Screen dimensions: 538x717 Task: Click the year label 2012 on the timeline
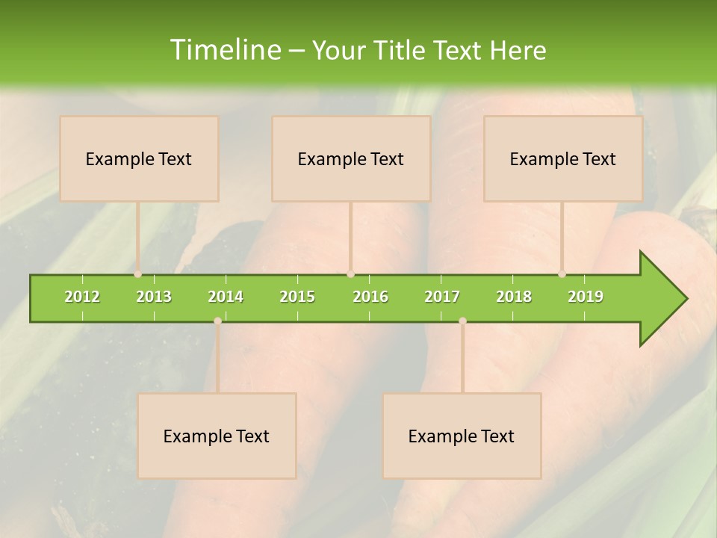pos(82,297)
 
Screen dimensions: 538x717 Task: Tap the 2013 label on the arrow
pos(154,297)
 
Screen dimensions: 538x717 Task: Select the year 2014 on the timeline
pos(226,297)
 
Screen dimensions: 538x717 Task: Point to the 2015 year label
pos(297,297)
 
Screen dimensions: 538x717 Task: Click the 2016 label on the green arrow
pos(370,297)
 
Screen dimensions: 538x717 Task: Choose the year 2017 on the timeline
pos(442,297)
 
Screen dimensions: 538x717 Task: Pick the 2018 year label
pos(514,297)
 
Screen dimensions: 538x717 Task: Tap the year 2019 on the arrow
pos(586,297)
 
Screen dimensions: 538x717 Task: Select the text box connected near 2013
pos(139,158)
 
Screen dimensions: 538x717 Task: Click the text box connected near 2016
pos(351,158)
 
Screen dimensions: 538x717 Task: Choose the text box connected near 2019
pos(563,158)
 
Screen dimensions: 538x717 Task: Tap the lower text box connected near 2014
pos(217,436)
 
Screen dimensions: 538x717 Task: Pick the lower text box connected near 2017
pos(462,436)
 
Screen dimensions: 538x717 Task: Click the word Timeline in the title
pos(225,50)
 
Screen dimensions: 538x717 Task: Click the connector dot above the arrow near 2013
pos(138,274)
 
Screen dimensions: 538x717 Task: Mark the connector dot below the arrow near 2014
pos(217,321)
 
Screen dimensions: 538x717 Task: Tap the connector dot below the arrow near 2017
pos(462,321)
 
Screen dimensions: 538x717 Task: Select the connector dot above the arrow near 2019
pos(562,274)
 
